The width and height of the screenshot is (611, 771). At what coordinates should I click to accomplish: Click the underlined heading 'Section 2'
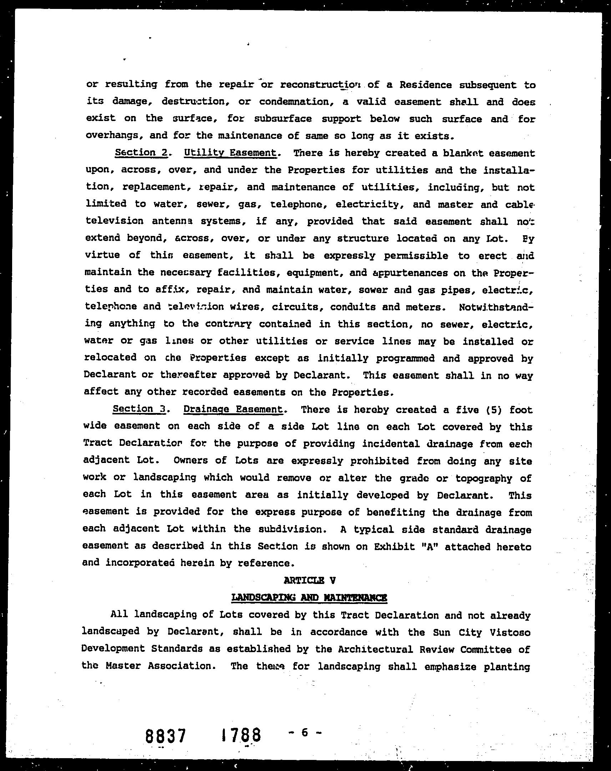(x=141, y=153)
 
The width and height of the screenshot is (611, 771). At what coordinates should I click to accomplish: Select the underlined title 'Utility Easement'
(x=230, y=153)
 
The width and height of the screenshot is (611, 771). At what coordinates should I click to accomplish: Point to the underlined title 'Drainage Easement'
(x=233, y=409)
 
